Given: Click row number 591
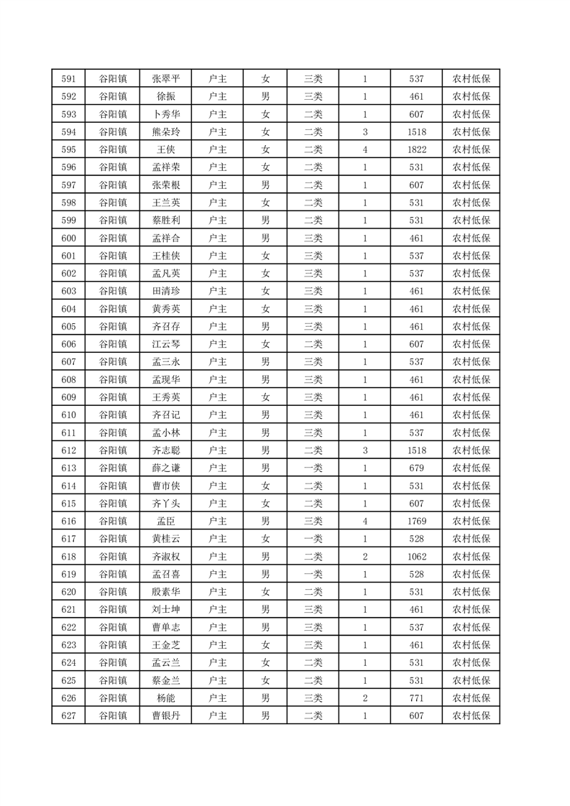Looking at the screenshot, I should (69, 79).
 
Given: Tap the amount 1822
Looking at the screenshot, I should (417, 150).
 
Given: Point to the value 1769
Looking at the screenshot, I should (417, 521).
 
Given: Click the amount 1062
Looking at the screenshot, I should (417, 556).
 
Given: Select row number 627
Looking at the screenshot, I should (69, 715).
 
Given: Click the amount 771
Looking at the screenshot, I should (417, 698).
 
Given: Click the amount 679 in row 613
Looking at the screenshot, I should (417, 468).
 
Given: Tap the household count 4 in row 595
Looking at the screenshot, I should (365, 150).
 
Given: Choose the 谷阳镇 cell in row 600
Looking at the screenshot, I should (113, 238).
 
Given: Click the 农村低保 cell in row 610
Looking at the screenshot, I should (472, 414).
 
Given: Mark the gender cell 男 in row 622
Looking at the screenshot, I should (266, 627).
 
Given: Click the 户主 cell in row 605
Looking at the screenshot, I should (217, 326).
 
